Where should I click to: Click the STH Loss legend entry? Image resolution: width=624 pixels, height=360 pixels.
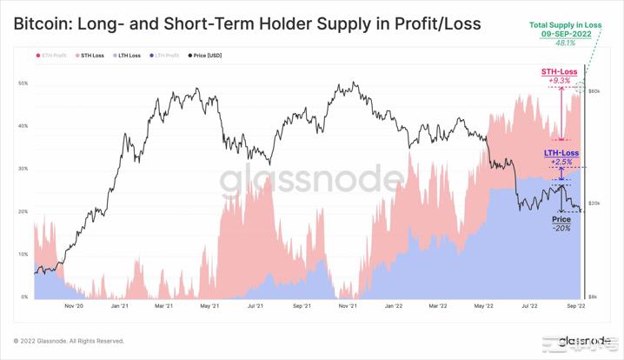91,56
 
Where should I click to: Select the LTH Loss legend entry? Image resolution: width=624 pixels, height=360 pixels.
129,56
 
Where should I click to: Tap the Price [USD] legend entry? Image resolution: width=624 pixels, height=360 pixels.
206,56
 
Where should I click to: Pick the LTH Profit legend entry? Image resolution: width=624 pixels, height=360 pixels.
166,56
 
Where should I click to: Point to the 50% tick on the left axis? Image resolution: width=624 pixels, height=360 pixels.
23,83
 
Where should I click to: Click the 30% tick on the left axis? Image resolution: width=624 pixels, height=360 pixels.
23,169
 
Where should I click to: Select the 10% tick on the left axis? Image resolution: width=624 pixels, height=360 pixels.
23,255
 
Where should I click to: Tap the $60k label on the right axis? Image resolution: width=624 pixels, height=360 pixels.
594,91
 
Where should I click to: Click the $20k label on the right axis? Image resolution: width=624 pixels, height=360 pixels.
594,203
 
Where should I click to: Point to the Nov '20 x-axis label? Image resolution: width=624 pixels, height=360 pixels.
74,306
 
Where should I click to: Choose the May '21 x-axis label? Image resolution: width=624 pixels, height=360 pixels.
209,306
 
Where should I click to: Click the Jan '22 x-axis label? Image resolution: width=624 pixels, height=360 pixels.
393,306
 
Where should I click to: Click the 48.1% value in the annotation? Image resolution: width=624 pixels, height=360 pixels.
565,43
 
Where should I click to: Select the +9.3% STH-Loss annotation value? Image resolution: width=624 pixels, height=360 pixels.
559,81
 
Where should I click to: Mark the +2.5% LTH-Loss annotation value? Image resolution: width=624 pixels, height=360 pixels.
561,162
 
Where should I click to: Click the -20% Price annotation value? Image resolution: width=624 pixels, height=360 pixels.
561,228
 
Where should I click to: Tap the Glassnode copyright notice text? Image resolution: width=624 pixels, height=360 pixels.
69,341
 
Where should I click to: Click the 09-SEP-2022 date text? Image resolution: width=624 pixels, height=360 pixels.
565,34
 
